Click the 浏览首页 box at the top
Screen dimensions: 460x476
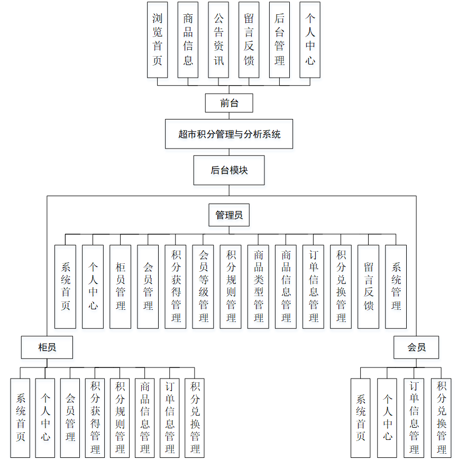coord(157,40)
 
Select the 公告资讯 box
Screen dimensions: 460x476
coord(218,40)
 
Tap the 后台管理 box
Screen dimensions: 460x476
coord(279,40)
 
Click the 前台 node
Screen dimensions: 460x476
coord(229,103)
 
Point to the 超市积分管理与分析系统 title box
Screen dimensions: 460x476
coord(229,134)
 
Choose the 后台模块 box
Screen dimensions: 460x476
coord(229,170)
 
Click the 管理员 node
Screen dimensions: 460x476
coord(229,215)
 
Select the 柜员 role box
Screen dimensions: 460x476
coord(47,347)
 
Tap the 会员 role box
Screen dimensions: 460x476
coord(416,347)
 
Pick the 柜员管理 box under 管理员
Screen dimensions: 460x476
coord(121,287)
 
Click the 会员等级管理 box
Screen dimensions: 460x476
coord(203,287)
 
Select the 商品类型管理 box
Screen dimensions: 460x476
coord(258,287)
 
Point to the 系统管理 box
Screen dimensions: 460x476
coord(396,287)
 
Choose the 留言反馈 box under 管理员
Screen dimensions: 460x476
coord(368,287)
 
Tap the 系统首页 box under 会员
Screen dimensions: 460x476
coord(361,418)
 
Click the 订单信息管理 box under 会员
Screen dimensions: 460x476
coord(414,418)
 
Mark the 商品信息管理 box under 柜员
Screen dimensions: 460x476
coord(145,418)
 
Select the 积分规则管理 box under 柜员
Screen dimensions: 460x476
coord(120,418)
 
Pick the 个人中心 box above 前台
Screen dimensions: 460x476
coord(310,40)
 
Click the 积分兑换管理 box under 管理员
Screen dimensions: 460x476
coord(341,287)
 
